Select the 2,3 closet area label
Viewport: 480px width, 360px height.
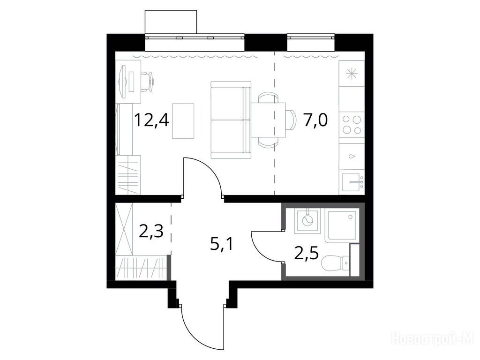click(x=151, y=232)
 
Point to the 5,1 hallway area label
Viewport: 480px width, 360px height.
click(x=222, y=244)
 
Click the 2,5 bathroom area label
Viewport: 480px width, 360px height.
click(x=307, y=254)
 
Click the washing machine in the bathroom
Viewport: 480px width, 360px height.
click(x=307, y=220)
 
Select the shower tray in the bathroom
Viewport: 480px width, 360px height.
click(x=342, y=225)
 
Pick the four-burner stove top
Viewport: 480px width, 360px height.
click(x=352, y=125)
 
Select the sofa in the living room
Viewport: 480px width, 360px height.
click(x=231, y=120)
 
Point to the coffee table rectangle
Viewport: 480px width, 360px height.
click(x=183, y=120)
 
